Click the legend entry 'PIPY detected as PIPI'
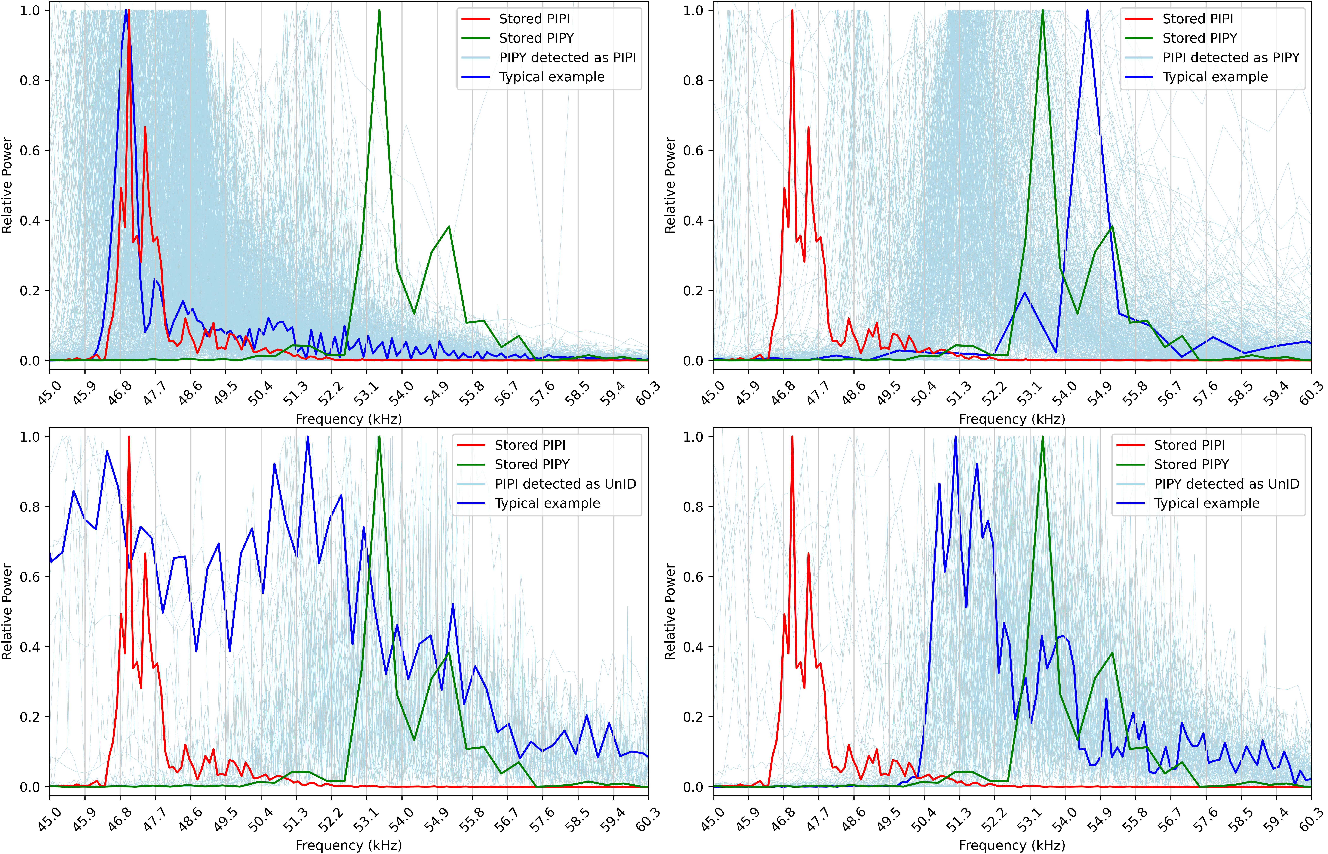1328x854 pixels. (567, 58)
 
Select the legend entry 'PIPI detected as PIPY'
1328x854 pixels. (1230, 58)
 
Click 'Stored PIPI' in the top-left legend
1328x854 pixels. (534, 19)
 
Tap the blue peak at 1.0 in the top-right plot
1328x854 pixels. (1087, 11)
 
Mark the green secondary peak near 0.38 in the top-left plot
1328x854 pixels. (448, 226)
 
